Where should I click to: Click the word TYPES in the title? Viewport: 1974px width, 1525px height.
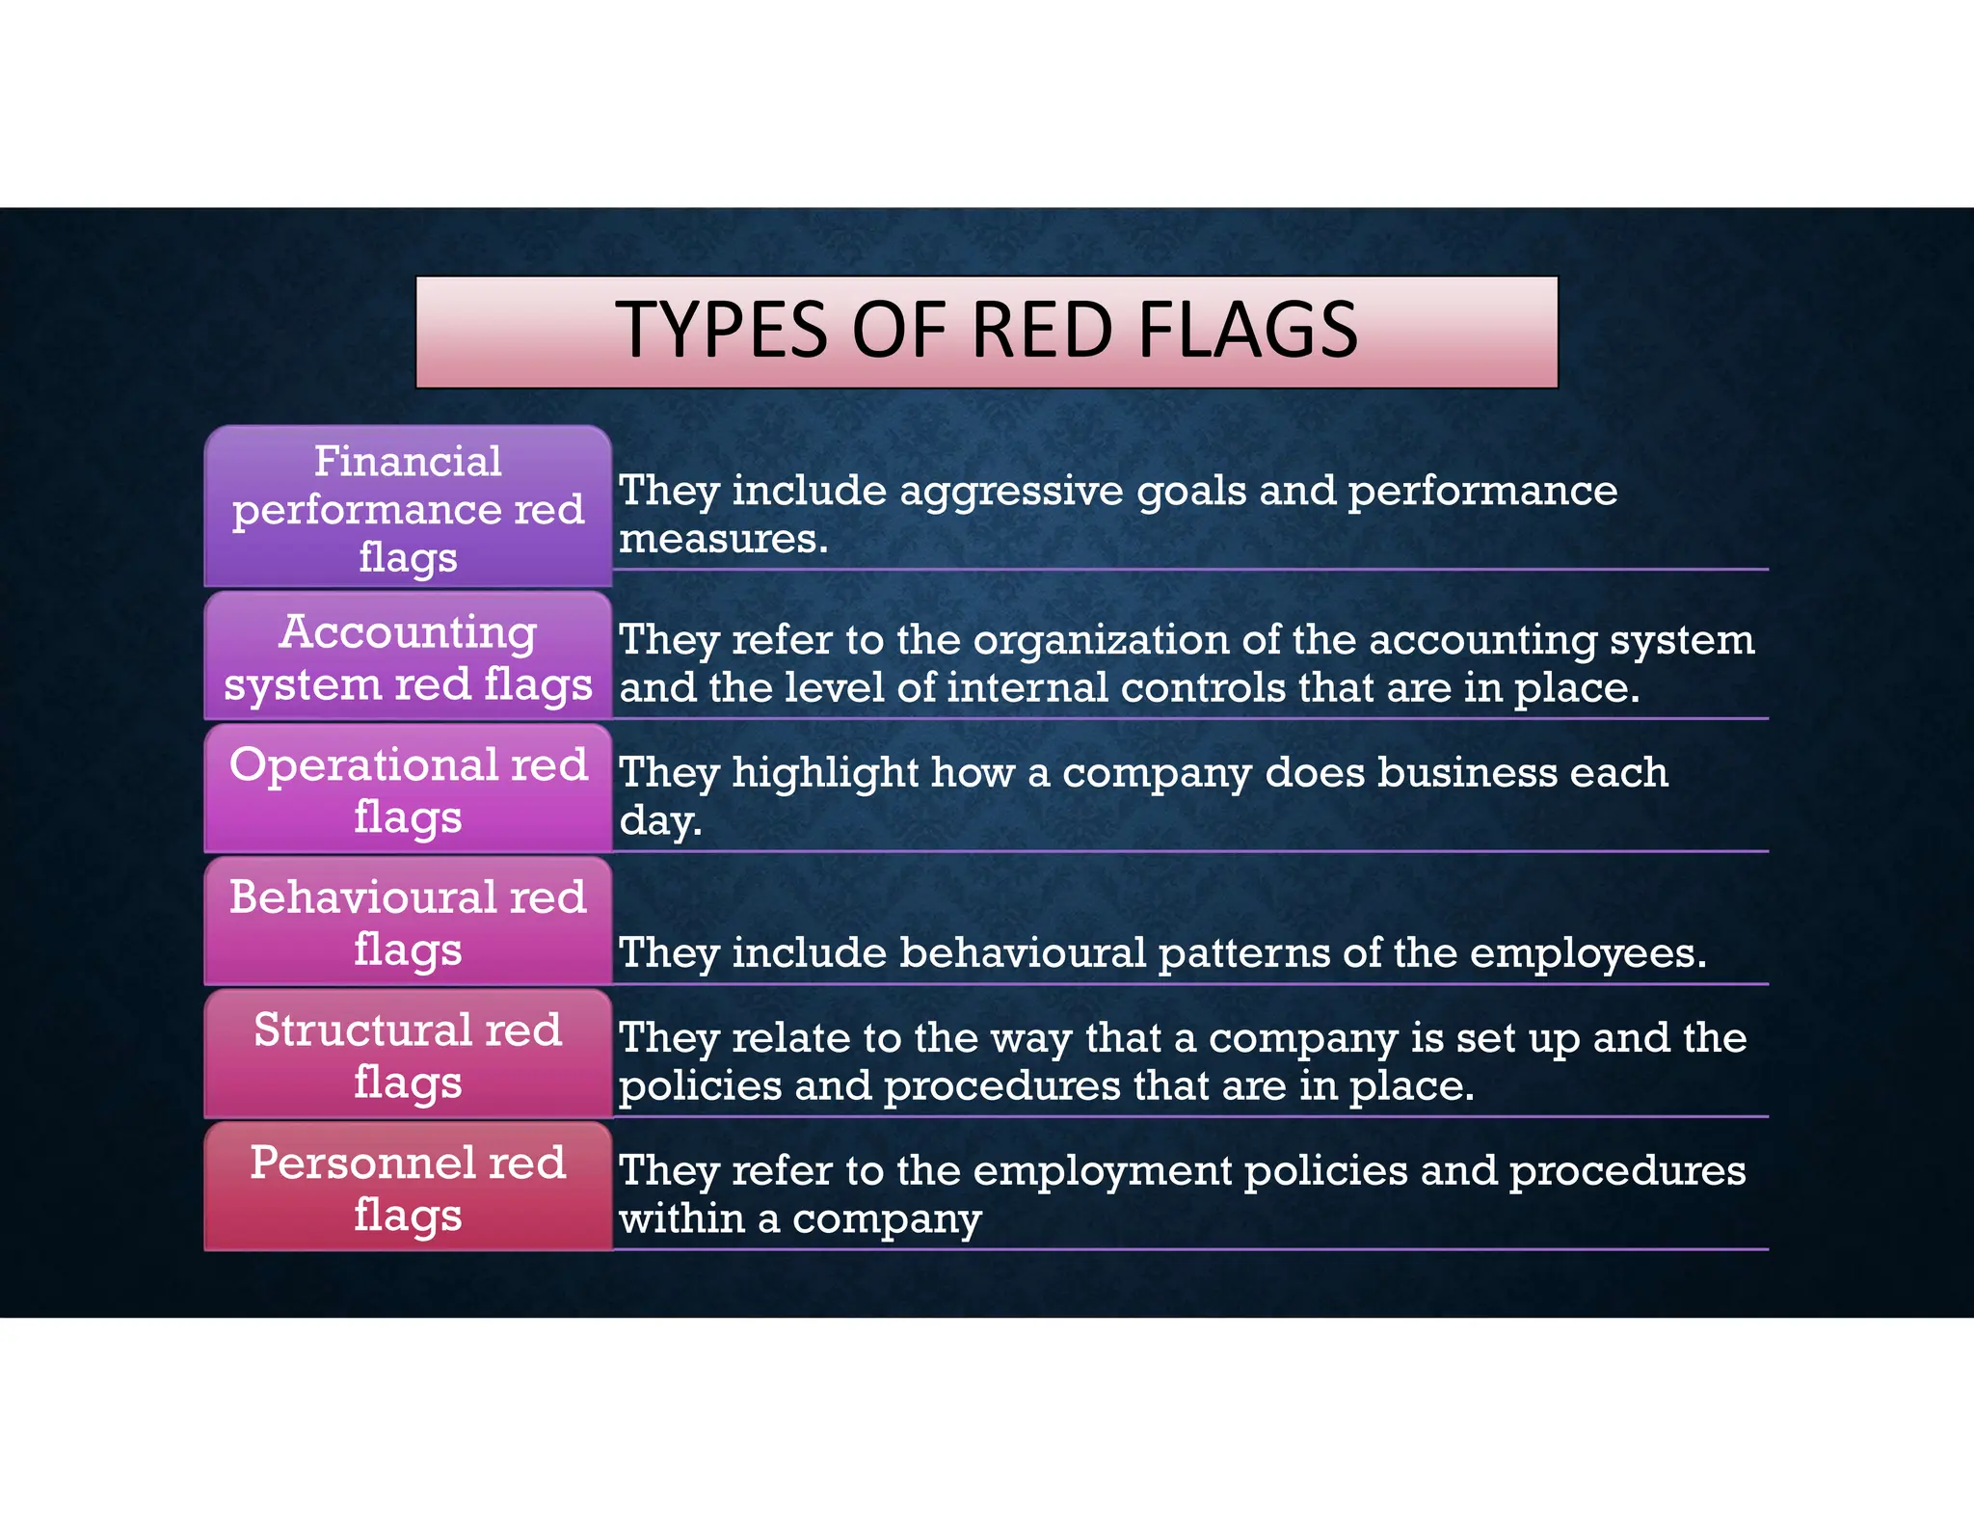click(x=721, y=331)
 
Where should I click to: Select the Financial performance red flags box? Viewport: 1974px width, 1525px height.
click(x=408, y=508)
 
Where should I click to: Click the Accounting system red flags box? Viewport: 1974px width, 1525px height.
click(x=408, y=657)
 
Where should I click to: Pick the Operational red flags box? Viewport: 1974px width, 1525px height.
click(x=408, y=789)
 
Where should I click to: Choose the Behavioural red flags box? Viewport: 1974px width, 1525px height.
click(x=408, y=923)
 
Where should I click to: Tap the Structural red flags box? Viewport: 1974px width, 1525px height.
click(x=408, y=1055)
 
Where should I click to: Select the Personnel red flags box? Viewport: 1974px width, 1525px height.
click(x=408, y=1188)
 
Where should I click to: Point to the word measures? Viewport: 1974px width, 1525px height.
click(x=723, y=539)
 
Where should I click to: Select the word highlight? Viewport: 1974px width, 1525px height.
click(x=825, y=773)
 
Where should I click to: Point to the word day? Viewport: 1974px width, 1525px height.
click(x=659, y=821)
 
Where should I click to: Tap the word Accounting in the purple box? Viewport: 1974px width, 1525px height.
click(x=408, y=632)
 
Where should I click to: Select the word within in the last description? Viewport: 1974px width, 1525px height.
click(x=682, y=1218)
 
